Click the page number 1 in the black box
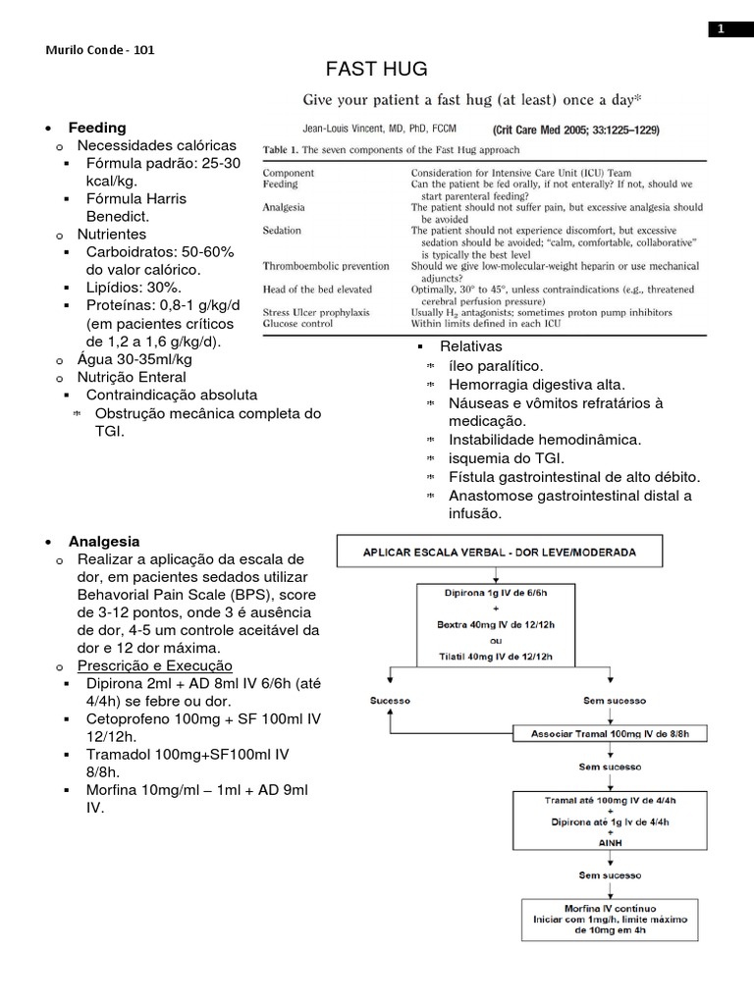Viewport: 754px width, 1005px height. [720, 29]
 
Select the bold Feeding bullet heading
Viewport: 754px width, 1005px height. [97, 128]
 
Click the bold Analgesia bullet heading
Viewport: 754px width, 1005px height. [104, 541]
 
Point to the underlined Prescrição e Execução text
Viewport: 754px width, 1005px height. [155, 666]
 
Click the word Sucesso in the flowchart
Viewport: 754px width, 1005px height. [390, 701]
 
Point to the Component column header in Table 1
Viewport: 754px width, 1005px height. [289, 172]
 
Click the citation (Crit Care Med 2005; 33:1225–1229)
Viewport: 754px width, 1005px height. [576, 129]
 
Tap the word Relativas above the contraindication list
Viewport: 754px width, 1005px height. [470, 346]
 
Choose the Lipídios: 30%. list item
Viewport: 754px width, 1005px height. [135, 288]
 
